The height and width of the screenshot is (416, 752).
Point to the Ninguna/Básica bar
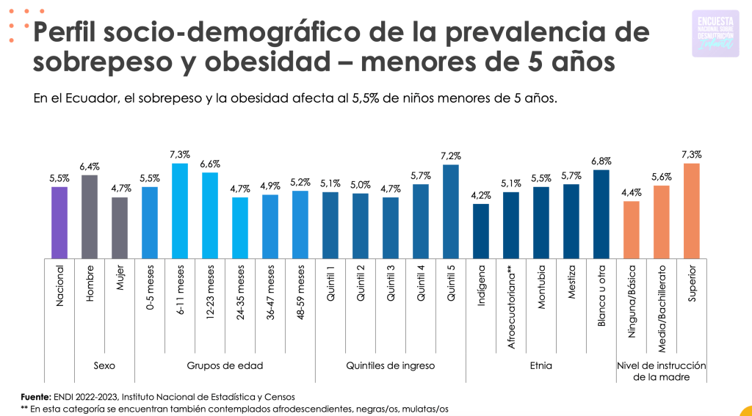point(631,229)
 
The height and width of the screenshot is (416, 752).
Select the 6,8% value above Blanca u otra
point(601,161)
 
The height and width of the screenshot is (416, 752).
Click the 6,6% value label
point(210,164)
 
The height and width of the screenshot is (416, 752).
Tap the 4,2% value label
point(481,195)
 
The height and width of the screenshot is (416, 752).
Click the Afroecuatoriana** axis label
point(511,302)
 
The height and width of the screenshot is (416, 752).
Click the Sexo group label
point(104,365)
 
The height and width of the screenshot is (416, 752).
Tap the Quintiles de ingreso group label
point(391,365)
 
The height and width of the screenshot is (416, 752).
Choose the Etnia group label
point(540,365)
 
